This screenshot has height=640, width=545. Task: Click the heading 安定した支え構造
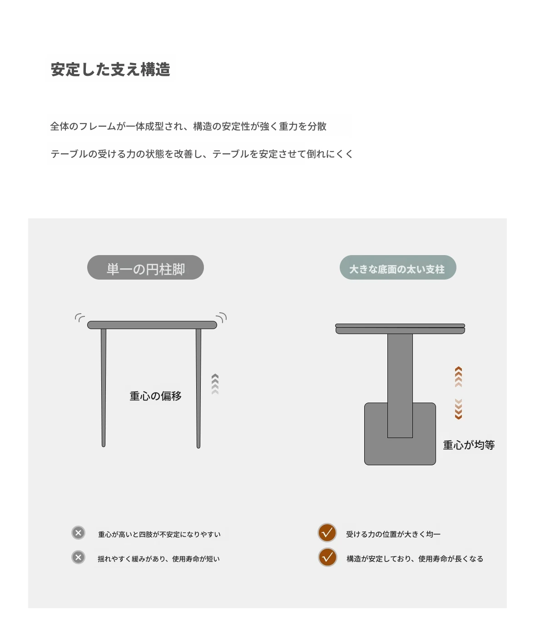pos(110,69)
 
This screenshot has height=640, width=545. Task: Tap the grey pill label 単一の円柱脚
pos(145,267)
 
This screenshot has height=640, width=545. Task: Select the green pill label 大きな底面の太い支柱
pos(398,267)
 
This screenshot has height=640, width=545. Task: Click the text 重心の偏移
pos(155,396)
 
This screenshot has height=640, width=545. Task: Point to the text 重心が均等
pos(469,445)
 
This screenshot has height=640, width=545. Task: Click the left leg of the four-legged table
pos(104,388)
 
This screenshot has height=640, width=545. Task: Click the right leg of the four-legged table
pos(198,388)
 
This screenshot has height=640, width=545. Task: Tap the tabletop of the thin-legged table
pos(152,325)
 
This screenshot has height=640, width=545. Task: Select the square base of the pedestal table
pos(400,451)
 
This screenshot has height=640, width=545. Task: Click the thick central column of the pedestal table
pos(400,385)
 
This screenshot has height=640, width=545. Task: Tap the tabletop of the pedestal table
pos(400,329)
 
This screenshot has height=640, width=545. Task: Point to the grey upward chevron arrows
pos(215,384)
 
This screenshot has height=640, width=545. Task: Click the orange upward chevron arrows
pos(459,377)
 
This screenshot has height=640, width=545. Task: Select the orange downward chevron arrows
pos(459,409)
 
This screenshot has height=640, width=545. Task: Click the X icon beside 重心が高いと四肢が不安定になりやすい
pos(79,533)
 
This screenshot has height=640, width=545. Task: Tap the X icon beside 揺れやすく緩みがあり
pos(79,557)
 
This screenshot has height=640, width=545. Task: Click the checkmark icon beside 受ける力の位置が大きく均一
pos(327,532)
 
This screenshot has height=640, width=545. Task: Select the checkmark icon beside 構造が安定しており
pos(327,557)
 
